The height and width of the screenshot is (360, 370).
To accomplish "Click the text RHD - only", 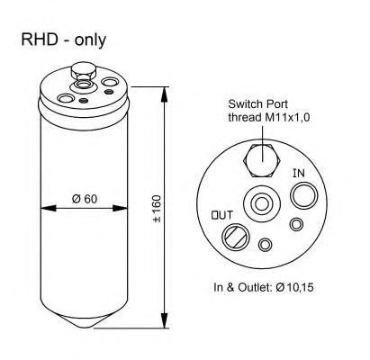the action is [64, 40].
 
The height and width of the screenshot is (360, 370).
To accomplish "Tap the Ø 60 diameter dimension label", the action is [85, 199].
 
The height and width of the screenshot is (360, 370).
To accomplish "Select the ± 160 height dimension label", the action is [157, 209].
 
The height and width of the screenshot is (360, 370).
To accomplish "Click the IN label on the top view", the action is [299, 173].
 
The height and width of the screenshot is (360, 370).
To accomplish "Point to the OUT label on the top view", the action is [222, 215].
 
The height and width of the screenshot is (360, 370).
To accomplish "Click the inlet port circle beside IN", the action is [303, 196].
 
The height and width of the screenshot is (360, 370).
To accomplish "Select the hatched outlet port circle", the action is [236, 237].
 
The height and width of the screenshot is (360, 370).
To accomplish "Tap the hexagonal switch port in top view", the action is [262, 161].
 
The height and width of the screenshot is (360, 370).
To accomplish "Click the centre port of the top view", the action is [261, 204].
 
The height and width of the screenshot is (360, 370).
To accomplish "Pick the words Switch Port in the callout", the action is [257, 104].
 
